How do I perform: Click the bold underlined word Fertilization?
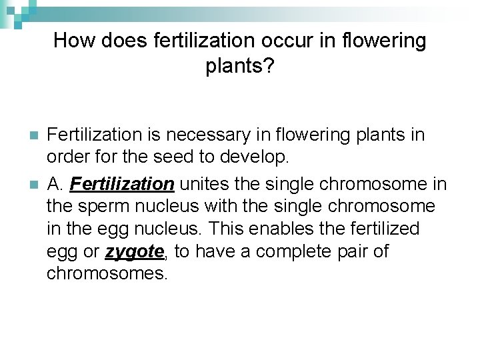tap(122, 183)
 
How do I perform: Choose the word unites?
tap(203, 183)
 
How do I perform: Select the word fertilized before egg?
tap(381, 228)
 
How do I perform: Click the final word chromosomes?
tap(107, 274)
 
